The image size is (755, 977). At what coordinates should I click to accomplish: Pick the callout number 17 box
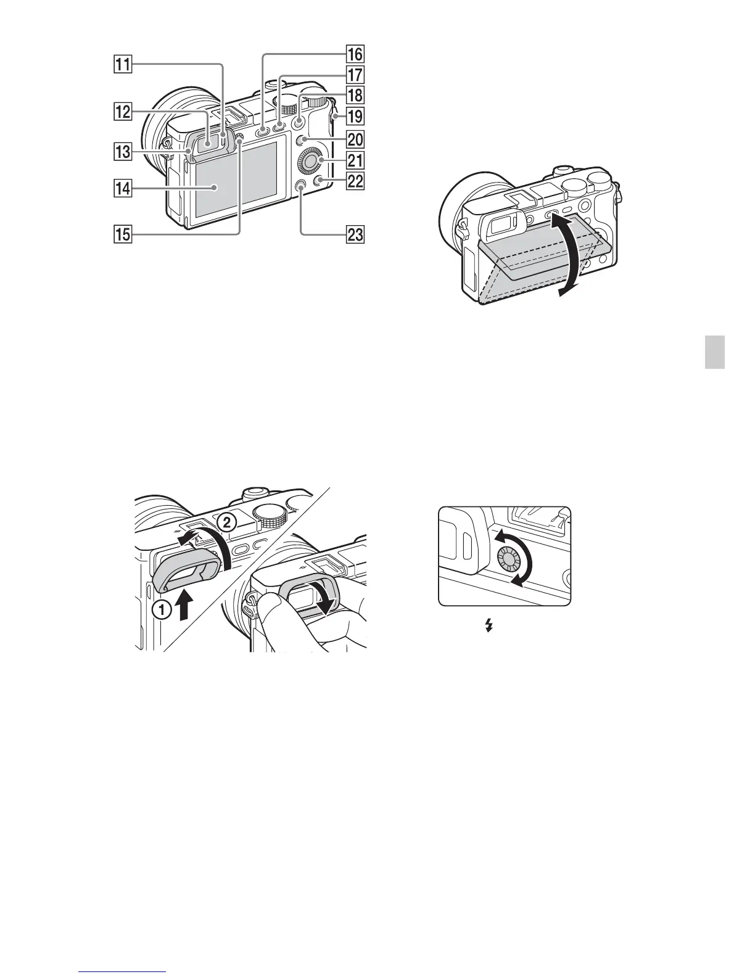[355, 75]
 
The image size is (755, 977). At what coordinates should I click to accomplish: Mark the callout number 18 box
[355, 96]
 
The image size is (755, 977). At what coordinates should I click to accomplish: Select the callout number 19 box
[355, 116]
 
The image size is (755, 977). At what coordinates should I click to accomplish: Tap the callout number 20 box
[355, 139]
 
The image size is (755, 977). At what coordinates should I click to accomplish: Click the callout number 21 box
[355, 161]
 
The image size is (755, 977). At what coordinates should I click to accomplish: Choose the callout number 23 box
[355, 234]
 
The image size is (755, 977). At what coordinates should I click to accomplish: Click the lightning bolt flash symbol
[490, 626]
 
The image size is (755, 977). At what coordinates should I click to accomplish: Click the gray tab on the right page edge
[715, 352]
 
